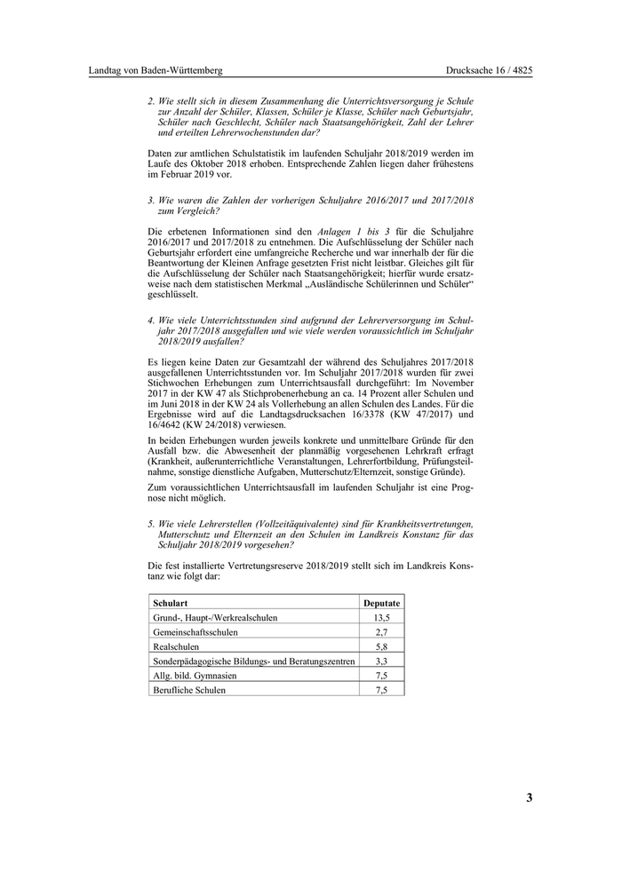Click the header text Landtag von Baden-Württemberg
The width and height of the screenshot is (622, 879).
coord(155,70)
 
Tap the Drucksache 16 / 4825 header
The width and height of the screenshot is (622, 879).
coord(490,70)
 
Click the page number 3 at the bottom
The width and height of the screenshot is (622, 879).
coord(529,797)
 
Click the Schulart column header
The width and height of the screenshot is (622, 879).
coord(169,602)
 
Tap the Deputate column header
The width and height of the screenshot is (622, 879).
coord(382,602)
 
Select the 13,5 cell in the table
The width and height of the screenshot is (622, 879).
coord(382,617)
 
